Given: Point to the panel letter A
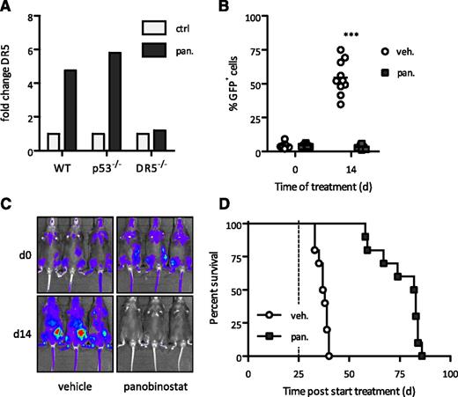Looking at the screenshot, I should click(7, 8).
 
